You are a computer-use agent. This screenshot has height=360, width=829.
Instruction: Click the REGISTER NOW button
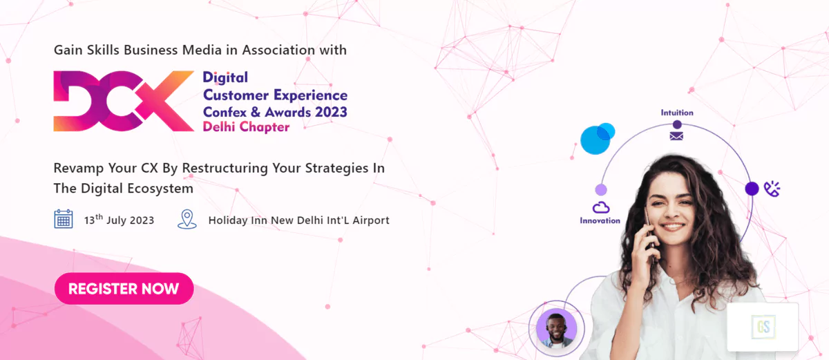pos(124,289)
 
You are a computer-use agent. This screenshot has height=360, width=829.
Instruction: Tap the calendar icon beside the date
pos(64,219)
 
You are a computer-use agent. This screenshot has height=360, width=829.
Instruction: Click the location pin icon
pos(187,220)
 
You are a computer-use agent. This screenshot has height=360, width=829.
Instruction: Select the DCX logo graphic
pos(124,101)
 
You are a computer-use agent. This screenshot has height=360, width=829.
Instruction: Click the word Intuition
pos(677,113)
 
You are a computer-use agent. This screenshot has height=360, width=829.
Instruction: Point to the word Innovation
pos(600,220)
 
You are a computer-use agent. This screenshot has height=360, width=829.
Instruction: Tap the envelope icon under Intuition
pos(676,136)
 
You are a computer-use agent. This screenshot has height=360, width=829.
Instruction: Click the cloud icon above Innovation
pos(600,207)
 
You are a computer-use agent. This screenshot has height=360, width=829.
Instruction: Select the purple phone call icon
pos(772,189)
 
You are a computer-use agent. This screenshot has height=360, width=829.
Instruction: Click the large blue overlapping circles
pos(597,139)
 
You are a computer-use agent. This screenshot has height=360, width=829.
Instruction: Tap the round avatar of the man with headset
pos(556,328)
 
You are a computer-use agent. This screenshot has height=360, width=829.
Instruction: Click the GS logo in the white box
pos(763,327)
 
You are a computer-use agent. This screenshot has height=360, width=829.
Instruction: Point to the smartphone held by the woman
pos(649,237)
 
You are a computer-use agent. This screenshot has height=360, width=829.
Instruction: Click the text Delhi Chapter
pos(246,127)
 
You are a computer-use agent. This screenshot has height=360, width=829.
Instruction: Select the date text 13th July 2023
pos(119,220)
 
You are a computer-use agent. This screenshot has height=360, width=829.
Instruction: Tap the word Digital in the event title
pos(225,77)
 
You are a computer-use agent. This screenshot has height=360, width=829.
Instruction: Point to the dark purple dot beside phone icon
pos(752,189)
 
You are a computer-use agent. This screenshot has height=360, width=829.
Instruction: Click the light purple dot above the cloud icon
pos(601,190)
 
